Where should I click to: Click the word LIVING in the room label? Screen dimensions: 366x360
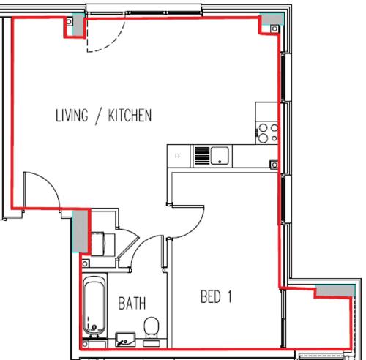(72, 115)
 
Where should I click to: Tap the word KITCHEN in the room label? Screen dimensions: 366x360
(130, 115)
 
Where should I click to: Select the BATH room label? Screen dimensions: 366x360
(132, 303)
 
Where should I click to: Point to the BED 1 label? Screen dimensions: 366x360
(216, 296)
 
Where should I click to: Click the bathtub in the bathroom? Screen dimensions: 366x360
(94, 305)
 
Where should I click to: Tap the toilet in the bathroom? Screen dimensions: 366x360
(152, 328)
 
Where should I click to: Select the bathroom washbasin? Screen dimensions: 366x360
(125, 340)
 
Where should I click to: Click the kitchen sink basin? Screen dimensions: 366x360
(220, 155)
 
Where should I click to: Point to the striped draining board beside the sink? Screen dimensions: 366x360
(202, 155)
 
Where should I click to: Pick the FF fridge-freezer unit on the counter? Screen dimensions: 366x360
(179, 156)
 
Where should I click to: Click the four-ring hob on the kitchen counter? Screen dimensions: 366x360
(267, 133)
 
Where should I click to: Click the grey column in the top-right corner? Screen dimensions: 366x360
(272, 19)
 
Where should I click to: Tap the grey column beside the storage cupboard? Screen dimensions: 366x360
(81, 231)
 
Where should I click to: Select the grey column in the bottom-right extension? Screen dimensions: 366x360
(335, 290)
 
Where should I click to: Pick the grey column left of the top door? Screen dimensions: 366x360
(78, 26)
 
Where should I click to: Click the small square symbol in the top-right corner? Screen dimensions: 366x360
(274, 29)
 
